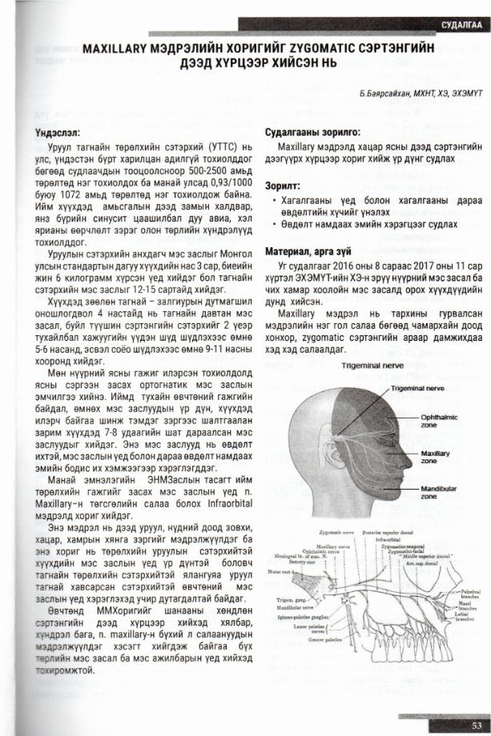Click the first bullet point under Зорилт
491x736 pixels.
pyautogui.click(x=275, y=202)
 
